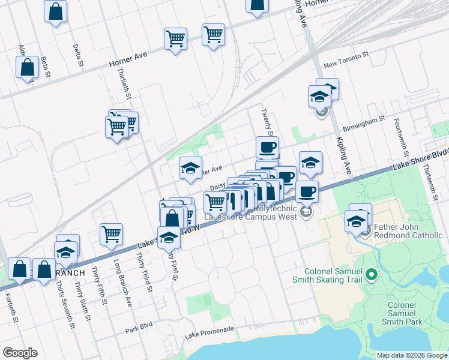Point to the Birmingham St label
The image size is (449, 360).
[x=364, y=124]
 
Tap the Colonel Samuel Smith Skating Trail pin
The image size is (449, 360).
[x=371, y=275]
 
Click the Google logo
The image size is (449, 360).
[x=20, y=353]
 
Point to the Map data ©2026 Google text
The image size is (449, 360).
[x=411, y=355]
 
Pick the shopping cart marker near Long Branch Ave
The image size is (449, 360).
[x=112, y=234]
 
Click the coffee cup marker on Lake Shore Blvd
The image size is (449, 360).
[x=307, y=191]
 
